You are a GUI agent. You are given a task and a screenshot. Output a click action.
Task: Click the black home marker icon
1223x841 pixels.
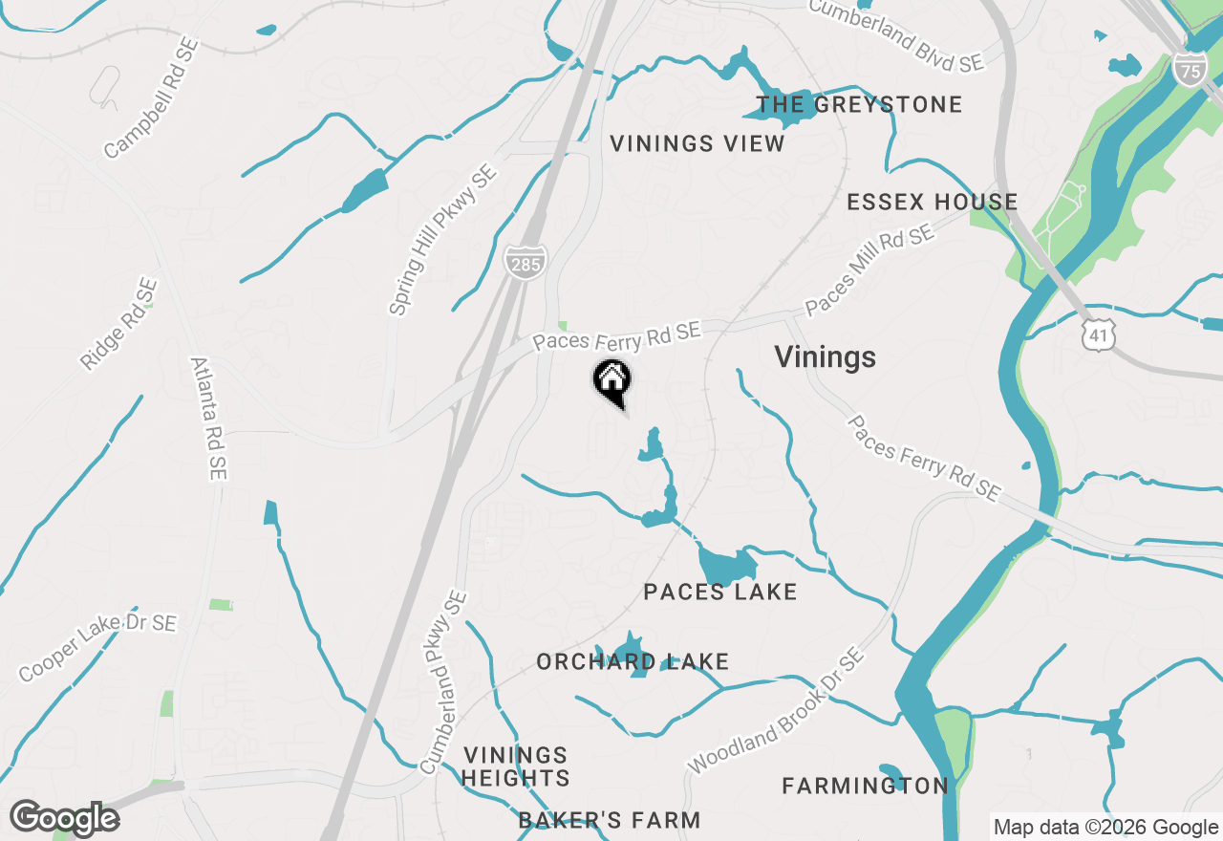click(x=611, y=380)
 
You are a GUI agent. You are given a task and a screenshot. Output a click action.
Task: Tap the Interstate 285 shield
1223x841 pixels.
click(x=525, y=262)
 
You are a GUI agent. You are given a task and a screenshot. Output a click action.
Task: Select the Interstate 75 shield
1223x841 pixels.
click(x=1190, y=70)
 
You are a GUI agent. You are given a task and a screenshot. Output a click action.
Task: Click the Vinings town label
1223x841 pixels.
click(x=825, y=357)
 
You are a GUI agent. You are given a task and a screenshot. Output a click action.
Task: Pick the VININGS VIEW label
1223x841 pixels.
click(x=697, y=144)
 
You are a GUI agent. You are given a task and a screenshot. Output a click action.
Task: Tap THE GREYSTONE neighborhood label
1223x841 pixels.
click(x=859, y=104)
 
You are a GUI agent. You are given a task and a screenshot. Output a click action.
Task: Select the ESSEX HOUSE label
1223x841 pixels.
click(x=933, y=202)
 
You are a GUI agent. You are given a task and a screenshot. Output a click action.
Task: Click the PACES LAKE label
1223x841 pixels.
click(x=720, y=593)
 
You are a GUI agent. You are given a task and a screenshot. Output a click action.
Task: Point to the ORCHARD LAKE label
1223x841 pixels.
click(x=633, y=661)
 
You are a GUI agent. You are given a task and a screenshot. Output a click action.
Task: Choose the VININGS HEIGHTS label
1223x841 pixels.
click(x=516, y=767)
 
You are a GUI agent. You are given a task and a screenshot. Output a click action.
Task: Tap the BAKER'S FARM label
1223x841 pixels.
click(x=610, y=820)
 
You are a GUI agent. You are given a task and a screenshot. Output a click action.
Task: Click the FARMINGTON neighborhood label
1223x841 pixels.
click(x=865, y=786)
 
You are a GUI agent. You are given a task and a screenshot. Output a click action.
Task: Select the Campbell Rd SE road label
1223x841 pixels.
click(x=151, y=98)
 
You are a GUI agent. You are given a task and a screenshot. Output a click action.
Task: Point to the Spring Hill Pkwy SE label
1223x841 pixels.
click(x=442, y=240)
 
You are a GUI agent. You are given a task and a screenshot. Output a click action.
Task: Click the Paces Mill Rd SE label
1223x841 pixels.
click(x=869, y=270)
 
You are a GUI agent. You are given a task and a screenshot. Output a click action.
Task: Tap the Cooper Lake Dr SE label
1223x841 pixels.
click(x=97, y=648)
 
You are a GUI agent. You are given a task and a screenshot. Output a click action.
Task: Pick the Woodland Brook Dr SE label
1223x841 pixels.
click(x=775, y=712)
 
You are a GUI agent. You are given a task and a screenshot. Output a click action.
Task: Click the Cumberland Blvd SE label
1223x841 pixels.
click(x=895, y=33)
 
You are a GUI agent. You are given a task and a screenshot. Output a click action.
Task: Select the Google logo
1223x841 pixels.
click(x=65, y=818)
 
